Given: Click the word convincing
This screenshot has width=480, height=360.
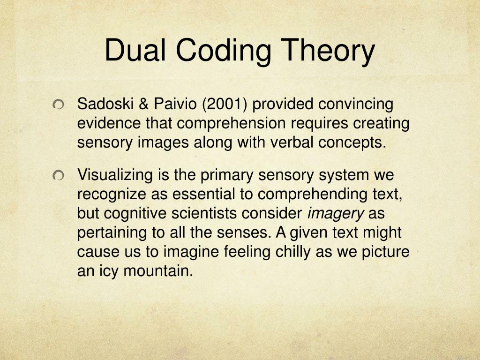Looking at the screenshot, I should click(356, 104).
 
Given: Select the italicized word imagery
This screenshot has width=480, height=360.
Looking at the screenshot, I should click(335, 214).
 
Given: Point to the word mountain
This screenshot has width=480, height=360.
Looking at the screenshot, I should click(158, 271).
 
